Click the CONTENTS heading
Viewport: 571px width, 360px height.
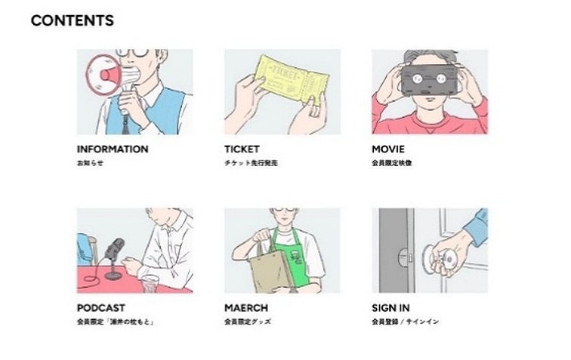73,21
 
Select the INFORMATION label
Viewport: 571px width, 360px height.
113,149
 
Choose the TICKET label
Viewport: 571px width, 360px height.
242,149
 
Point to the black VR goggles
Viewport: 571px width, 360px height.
431,78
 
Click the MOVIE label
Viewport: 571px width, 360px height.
387,149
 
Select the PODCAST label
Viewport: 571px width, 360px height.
101,308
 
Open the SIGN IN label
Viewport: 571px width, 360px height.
390,308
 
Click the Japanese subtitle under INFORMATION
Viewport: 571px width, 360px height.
90,163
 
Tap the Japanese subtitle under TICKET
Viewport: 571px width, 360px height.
251,163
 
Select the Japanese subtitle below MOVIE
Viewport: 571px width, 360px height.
392,163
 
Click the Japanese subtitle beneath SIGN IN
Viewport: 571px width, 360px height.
405,322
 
